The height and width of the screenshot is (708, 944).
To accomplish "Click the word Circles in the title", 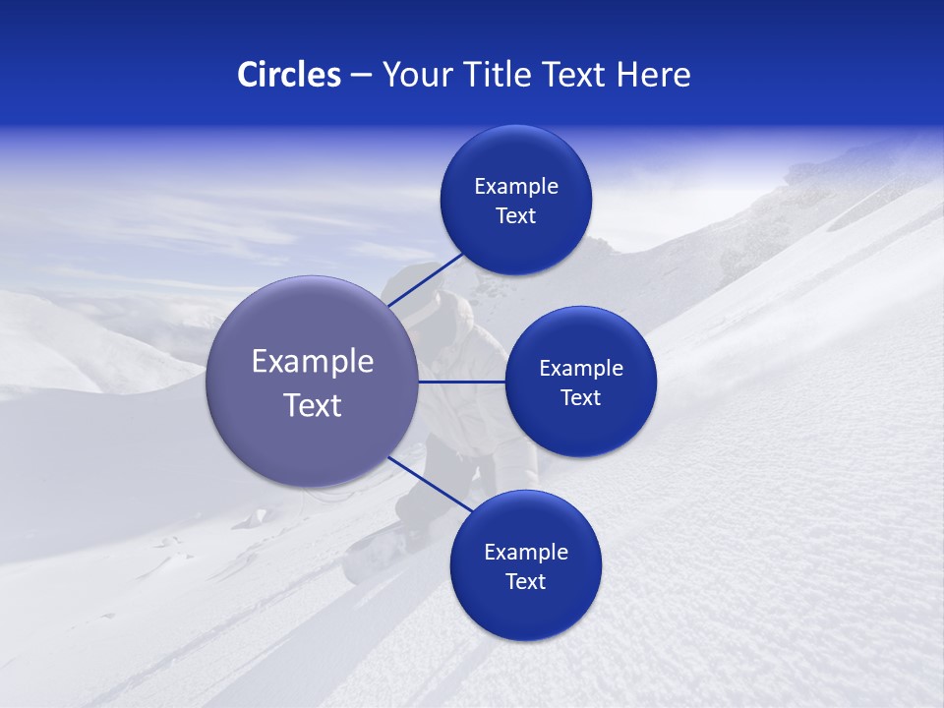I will [288, 75].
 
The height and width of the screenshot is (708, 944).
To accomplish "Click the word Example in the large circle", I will [313, 362].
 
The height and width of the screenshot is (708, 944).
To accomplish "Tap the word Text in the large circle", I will [313, 405].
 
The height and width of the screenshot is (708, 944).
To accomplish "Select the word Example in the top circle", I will [516, 187].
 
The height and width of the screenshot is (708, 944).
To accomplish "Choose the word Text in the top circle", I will [516, 216].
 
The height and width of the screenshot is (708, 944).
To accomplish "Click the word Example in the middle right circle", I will [581, 369].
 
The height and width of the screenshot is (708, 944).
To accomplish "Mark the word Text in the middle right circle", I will [581, 398].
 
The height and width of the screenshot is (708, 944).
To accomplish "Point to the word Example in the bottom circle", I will [526, 553].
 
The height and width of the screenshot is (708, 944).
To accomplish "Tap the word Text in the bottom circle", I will [526, 582].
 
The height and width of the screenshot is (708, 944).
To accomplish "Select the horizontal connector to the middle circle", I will [462, 382].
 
